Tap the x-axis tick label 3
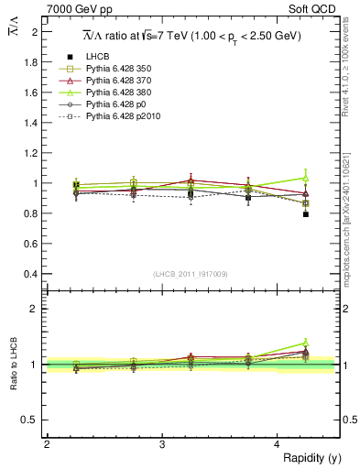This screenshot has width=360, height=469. (x=162, y=444)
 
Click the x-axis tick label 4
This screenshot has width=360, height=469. (x=278, y=444)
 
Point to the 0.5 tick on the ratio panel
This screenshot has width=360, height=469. (x=32, y=420)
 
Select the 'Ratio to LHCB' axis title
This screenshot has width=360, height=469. (x=14, y=365)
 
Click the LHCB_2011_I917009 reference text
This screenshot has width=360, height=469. (x=191, y=273)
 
